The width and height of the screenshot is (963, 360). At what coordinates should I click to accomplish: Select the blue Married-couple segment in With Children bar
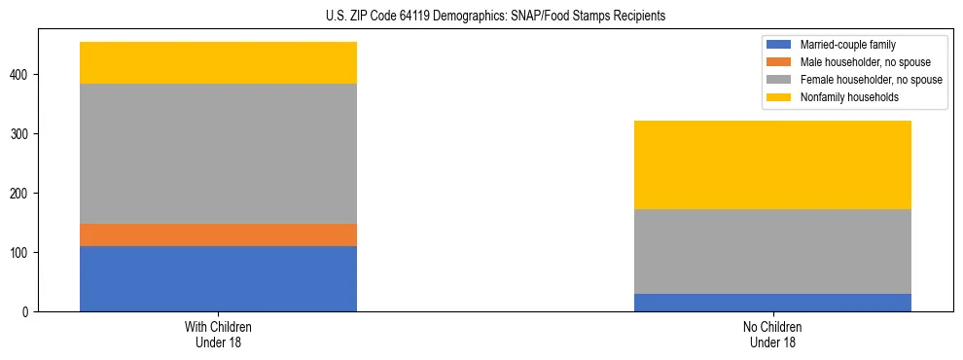[x=218, y=278]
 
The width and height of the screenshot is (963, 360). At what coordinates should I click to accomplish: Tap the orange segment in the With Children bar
[x=218, y=234]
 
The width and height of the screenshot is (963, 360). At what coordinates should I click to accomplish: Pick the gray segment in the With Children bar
[x=218, y=154]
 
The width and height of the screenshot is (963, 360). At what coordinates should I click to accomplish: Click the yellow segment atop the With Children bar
[x=218, y=62]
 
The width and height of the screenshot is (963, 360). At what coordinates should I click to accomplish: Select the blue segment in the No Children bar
[x=772, y=303]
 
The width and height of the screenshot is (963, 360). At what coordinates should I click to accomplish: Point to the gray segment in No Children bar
[x=772, y=251]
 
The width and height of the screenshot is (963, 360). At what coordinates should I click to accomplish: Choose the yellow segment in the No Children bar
[x=772, y=164]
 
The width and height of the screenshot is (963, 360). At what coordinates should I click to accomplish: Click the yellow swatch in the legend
[x=780, y=97]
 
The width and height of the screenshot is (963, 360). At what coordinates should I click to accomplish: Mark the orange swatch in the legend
[x=780, y=62]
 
